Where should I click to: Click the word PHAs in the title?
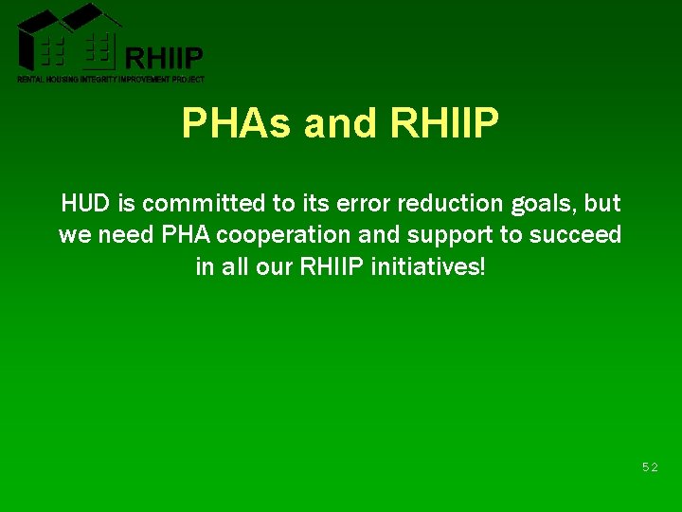(237, 123)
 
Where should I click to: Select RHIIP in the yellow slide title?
(444, 123)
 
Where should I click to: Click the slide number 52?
(650, 467)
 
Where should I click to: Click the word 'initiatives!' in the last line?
(429, 266)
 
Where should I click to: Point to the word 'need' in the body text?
(118, 235)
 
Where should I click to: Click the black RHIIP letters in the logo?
(164, 59)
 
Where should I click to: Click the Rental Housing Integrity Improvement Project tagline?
(111, 80)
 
